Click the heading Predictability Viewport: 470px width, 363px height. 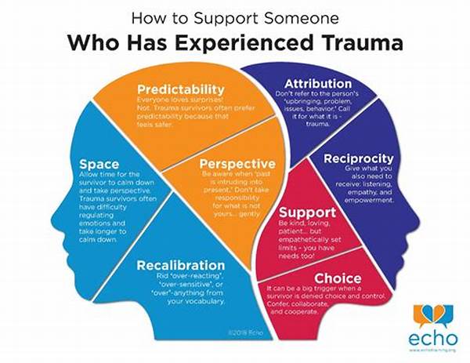pos(181,90)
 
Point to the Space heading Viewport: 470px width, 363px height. pos(99,164)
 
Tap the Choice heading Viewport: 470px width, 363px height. pos(338,278)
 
